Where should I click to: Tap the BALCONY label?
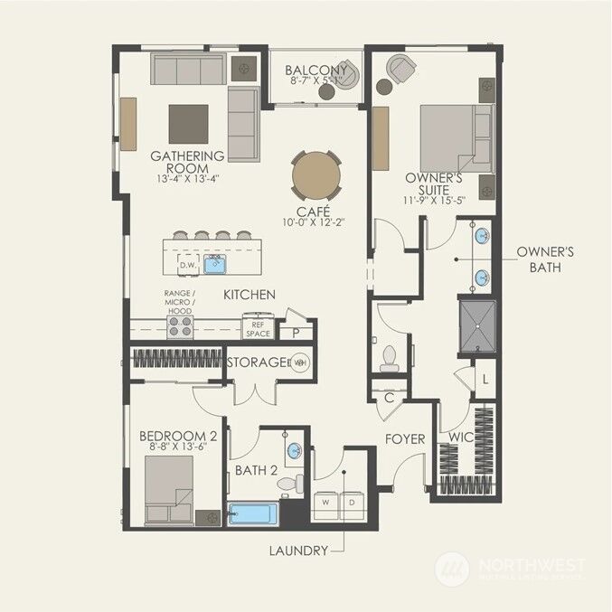[x=316, y=71]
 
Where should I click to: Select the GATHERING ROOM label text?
[x=187, y=162]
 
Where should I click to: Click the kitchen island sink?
[x=215, y=265]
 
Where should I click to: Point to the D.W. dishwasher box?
[x=188, y=265]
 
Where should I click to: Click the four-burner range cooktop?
[x=180, y=325]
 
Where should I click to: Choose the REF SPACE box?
[x=259, y=327]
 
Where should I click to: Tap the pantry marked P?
[x=296, y=333]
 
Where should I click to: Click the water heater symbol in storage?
[x=300, y=363]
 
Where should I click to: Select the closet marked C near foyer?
[x=389, y=397]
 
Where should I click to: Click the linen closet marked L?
[x=485, y=379]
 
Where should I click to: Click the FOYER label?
[x=405, y=439]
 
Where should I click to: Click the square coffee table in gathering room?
[x=188, y=124]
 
